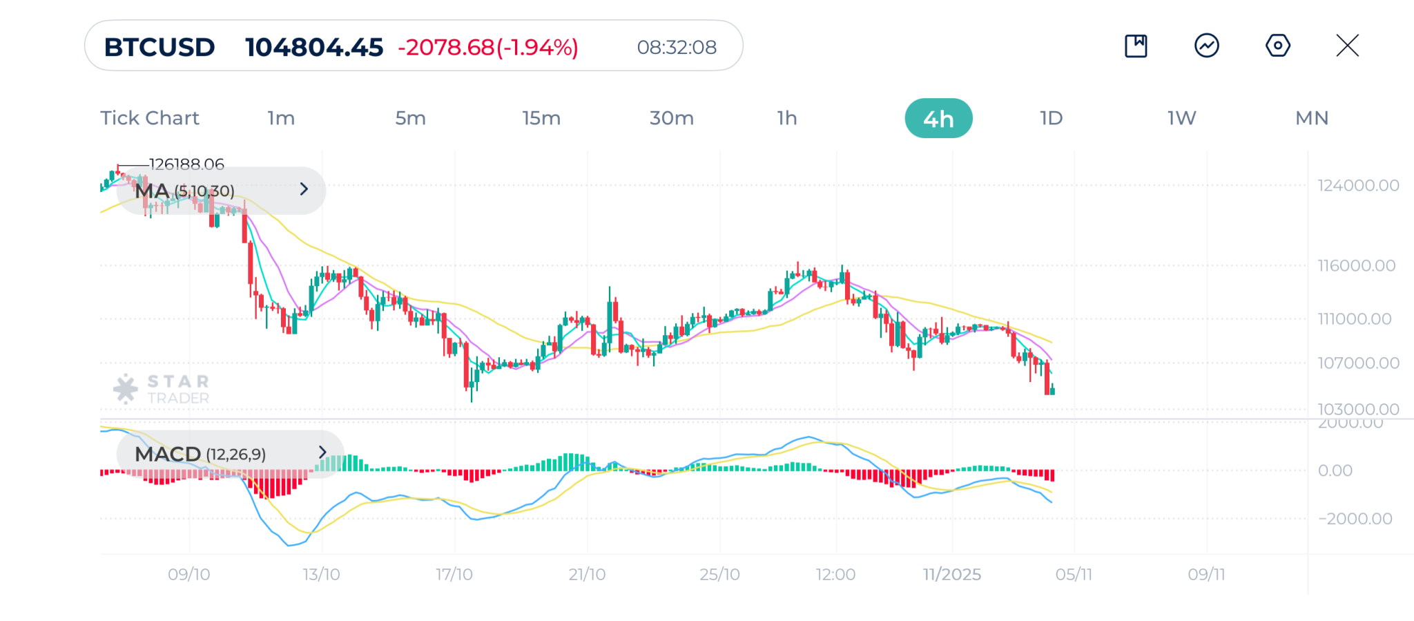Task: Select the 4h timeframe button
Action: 938,119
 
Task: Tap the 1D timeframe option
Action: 1051,118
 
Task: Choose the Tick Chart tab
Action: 150,118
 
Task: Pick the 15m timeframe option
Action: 541,118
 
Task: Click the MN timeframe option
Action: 1311,118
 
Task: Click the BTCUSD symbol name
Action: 159,47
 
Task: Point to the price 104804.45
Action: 314,47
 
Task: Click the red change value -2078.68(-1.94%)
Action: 488,47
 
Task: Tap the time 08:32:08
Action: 677,47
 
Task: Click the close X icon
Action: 1347,46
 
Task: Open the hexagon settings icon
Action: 1277,46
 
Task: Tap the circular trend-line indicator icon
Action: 1206,46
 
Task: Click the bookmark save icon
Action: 1136,46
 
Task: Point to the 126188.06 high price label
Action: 186,164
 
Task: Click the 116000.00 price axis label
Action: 1356,265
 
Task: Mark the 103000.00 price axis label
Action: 1357,409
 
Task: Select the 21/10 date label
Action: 587,574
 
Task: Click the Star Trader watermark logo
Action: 162,389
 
